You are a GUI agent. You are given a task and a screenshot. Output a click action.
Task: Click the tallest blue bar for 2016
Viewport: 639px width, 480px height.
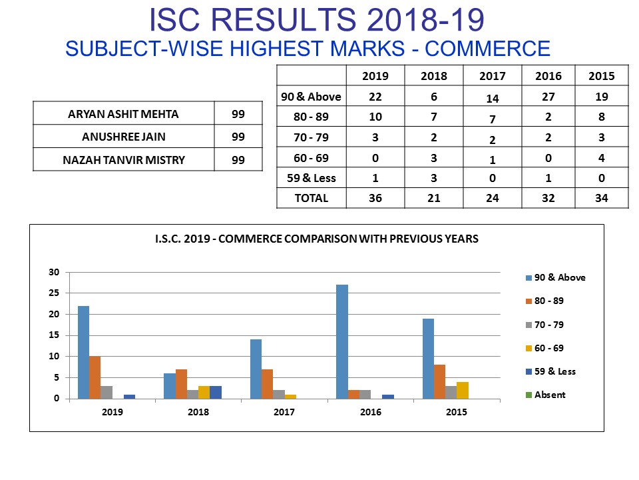(342, 341)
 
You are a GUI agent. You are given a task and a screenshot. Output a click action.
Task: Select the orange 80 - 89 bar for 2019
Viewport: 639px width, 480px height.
(95, 377)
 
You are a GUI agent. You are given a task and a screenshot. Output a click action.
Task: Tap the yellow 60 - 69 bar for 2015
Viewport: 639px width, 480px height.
(463, 390)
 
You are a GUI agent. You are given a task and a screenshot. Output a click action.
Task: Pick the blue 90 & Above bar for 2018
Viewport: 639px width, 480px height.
(170, 386)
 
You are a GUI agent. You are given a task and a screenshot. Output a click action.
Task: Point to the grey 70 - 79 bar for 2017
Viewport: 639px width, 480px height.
(279, 394)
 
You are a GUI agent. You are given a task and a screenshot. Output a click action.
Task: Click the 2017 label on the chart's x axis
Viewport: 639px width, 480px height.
(284, 412)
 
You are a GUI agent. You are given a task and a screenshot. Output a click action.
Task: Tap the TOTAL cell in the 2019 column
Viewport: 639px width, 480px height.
(375, 198)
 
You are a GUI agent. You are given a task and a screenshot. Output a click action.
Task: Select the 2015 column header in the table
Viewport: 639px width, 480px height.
(601, 76)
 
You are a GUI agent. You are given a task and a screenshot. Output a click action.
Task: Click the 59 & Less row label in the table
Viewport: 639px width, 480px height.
(311, 178)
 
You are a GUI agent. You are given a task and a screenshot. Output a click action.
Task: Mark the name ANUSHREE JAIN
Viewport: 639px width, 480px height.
(124, 137)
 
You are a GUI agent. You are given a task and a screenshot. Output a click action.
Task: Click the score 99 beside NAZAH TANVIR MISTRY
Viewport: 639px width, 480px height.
(238, 160)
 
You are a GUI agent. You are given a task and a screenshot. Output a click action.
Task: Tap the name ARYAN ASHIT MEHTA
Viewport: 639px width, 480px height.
(124, 114)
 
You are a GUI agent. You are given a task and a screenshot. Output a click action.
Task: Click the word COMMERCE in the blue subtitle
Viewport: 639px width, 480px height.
(487, 48)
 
